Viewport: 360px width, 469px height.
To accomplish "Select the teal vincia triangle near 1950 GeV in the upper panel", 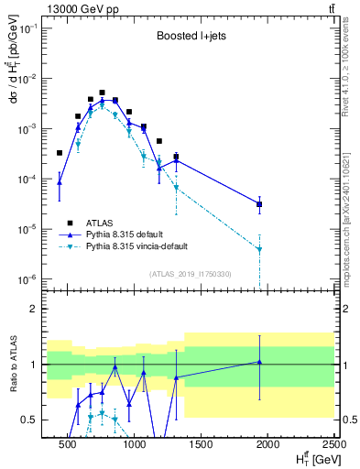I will [x=259, y=249].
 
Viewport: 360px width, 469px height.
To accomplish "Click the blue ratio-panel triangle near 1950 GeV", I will [x=259, y=362].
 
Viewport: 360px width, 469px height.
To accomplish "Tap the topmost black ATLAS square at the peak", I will [x=102, y=93].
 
